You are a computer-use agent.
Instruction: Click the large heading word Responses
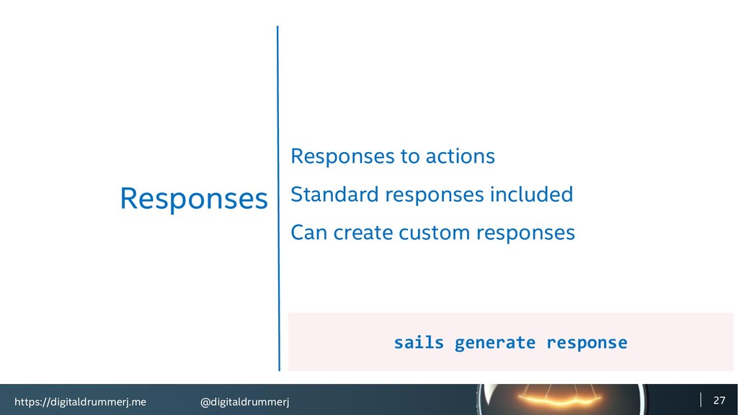pyautogui.click(x=193, y=199)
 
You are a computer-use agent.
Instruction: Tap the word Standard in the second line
pyautogui.click(x=334, y=195)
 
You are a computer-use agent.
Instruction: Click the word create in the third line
pyautogui.click(x=363, y=233)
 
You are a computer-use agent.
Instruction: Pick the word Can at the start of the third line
pyautogui.click(x=308, y=233)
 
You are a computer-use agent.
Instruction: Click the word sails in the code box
pyautogui.click(x=419, y=342)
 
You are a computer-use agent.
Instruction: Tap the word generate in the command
pyautogui.click(x=494, y=343)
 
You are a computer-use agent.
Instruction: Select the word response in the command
pyautogui.click(x=587, y=343)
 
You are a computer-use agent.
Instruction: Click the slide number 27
pyautogui.click(x=719, y=401)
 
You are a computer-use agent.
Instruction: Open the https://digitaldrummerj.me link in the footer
pyautogui.click(x=80, y=402)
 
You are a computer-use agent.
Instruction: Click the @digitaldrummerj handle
pyautogui.click(x=245, y=402)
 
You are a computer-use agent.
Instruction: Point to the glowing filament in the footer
pyautogui.click(x=560, y=401)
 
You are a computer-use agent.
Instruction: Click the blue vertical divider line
pyautogui.click(x=278, y=198)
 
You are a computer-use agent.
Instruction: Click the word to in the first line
pyautogui.click(x=409, y=156)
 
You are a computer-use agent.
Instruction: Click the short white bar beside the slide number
pyautogui.click(x=701, y=400)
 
